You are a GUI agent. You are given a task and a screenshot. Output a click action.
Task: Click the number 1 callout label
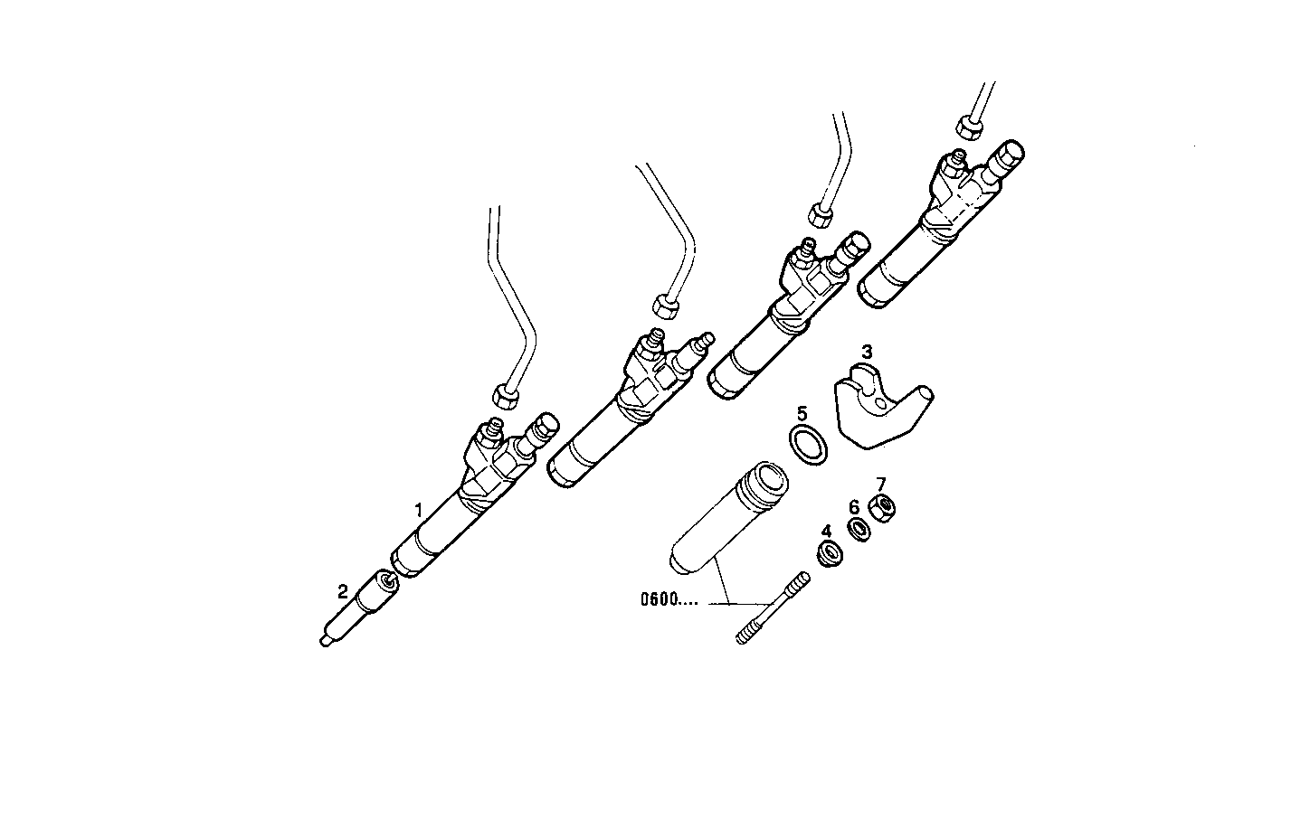[418, 510]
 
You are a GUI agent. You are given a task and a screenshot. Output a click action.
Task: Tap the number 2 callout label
[342, 591]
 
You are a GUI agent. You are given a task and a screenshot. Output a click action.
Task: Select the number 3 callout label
[867, 351]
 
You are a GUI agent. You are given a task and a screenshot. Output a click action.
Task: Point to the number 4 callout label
[825, 531]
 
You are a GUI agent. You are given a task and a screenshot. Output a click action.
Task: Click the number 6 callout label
[853, 507]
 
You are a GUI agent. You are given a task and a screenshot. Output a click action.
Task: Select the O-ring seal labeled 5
[808, 446]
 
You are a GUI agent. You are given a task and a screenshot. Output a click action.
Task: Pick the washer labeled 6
[858, 531]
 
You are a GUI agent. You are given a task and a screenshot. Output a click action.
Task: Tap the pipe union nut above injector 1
[504, 395]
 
